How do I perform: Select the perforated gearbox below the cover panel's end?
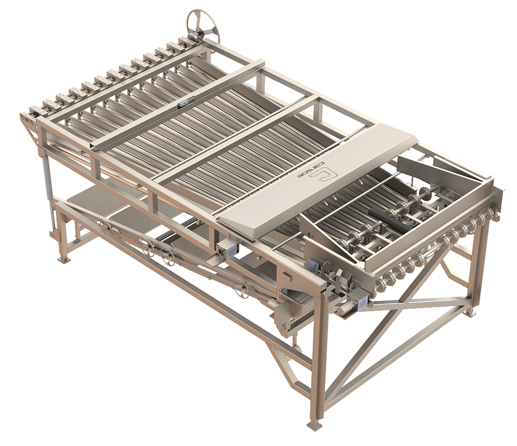[227, 251]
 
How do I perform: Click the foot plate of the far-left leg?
[65, 260]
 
